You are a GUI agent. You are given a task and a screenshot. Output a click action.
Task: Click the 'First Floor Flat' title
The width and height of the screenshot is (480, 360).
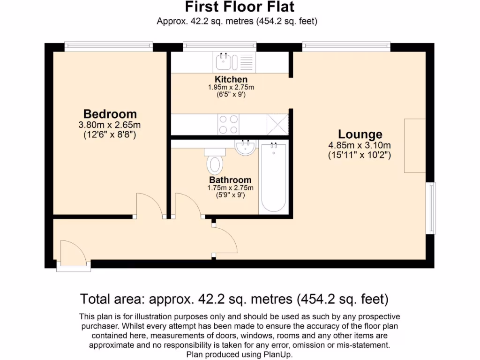(240, 7)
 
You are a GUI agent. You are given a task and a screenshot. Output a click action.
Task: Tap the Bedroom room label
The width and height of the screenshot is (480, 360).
(110, 114)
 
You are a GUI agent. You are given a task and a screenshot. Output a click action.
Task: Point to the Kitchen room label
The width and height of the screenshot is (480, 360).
(231, 80)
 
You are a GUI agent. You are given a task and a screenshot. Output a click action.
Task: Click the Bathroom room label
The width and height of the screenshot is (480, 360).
(230, 180)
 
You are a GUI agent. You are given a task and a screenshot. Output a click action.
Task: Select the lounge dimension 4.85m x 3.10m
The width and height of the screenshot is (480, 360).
(360, 145)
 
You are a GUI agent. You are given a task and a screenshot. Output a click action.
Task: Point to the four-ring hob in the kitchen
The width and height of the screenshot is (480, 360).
(228, 124)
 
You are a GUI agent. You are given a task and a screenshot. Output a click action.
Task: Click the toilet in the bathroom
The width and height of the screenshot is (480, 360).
(215, 162)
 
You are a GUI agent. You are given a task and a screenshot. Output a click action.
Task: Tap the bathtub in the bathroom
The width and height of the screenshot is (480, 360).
(273, 178)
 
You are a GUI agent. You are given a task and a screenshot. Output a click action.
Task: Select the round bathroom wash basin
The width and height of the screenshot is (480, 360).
(246, 148)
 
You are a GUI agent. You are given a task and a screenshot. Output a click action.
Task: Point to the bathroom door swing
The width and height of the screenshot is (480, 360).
(187, 205)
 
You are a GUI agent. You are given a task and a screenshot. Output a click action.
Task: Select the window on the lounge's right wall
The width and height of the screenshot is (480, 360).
(430, 208)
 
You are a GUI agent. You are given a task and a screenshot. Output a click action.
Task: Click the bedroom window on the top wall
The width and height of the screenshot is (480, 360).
(109, 46)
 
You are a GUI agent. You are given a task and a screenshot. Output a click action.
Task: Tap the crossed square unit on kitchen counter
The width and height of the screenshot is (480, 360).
(277, 124)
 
